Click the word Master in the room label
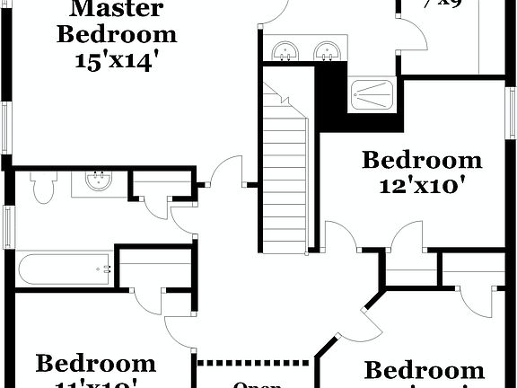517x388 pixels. [117, 11]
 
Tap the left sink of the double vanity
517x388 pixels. [285, 51]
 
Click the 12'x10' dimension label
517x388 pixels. [421, 186]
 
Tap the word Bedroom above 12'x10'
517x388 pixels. [422, 161]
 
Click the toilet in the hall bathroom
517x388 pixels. [42, 186]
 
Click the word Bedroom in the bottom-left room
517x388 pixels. [96, 364]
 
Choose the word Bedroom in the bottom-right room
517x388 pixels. [424, 371]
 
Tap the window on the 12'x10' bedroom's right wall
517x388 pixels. [513, 112]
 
